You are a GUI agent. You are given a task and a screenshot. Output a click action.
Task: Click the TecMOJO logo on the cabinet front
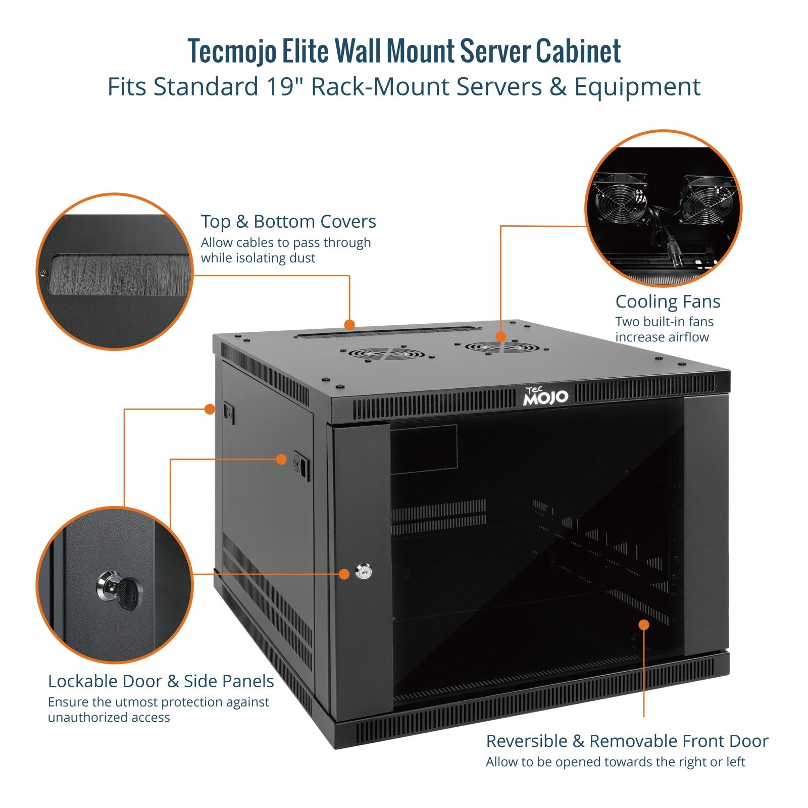pyautogui.click(x=545, y=396)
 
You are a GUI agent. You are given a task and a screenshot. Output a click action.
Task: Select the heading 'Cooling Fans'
pyautogui.click(x=667, y=301)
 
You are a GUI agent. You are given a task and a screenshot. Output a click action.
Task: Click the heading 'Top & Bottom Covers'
pyautogui.click(x=288, y=222)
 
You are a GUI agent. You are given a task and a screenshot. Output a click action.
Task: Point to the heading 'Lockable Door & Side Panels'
pyautogui.click(x=161, y=681)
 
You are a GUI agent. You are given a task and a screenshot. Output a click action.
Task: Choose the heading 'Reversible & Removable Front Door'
pyautogui.click(x=627, y=741)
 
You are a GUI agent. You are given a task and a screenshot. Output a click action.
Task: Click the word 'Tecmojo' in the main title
pyautogui.click(x=232, y=52)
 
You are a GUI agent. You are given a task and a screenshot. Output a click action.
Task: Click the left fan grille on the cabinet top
pyautogui.click(x=381, y=353)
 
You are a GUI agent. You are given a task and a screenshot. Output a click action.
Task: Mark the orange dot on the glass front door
pyautogui.click(x=643, y=625)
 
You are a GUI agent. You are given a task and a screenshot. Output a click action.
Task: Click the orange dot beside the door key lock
pyautogui.click(x=344, y=574)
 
